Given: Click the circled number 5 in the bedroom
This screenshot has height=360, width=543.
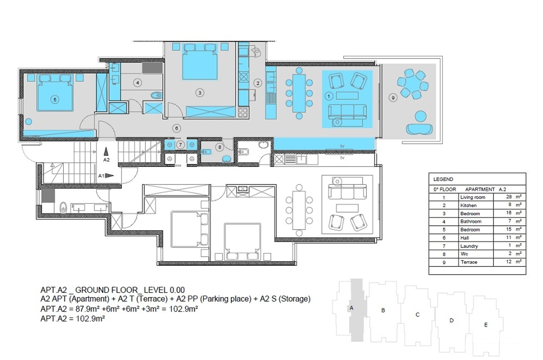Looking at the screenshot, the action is click(55, 99).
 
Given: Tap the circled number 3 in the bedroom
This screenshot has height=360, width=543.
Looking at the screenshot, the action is click(200, 93).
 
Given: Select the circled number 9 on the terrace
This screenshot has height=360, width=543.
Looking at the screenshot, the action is click(393, 98).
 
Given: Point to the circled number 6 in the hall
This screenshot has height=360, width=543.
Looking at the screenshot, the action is click(176, 128).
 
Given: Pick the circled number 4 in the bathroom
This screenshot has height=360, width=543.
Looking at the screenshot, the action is click(137, 83).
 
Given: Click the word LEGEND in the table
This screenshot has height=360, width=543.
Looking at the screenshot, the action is click(443, 179).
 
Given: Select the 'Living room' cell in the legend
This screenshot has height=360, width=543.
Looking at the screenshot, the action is click(473, 197).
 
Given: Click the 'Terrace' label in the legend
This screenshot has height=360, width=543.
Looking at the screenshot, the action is click(469, 262).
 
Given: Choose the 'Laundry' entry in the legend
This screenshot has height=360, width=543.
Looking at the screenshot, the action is click(469, 246).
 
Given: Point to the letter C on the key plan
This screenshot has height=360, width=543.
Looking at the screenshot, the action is click(417, 314).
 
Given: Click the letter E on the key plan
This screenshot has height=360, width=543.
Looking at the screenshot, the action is click(486, 325).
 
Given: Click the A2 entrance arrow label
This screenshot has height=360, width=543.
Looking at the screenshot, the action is click(106, 160).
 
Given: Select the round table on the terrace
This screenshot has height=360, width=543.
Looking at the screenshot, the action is click(413, 84).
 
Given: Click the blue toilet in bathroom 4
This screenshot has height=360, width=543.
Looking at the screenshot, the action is click(157, 95).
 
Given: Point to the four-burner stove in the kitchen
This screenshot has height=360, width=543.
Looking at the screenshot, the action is click(243, 113).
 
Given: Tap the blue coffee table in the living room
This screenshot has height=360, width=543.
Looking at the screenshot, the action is click(347, 96).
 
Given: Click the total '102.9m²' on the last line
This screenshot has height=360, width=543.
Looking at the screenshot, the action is click(90, 318).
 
